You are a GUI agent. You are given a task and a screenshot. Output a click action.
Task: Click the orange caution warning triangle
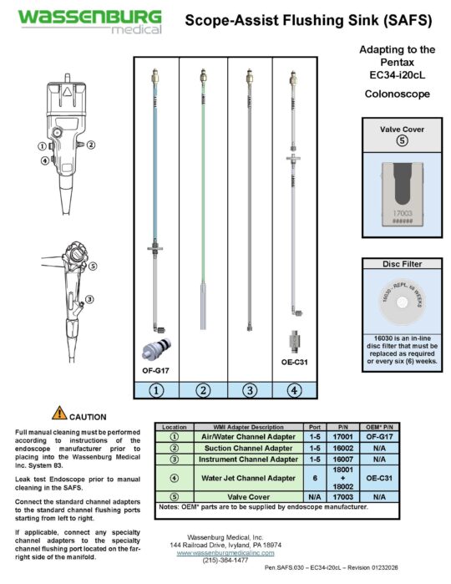59,411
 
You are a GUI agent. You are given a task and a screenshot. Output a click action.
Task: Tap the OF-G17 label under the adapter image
156,368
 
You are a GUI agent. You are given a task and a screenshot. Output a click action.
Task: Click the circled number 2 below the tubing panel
202,389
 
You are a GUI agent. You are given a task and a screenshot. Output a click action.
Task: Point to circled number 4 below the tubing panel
295,389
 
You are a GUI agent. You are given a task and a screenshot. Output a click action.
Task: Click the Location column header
174,426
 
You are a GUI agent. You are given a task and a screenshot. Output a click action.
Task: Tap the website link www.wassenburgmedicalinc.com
228,552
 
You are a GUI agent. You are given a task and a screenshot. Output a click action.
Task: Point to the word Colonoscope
397,94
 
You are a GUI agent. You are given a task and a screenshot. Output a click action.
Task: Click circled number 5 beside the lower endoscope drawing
93,267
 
